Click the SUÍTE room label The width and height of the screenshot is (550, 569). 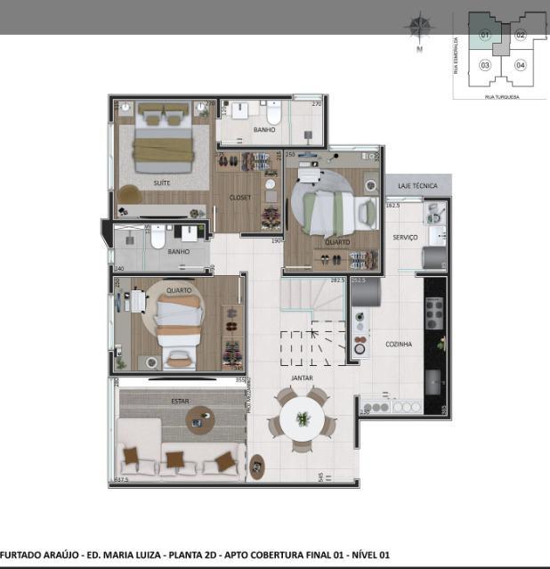(161, 183)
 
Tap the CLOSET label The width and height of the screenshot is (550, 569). (240, 198)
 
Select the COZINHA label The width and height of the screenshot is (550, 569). (398, 344)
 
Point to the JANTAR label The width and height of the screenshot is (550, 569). (302, 378)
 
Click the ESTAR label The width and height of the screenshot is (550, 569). (180, 402)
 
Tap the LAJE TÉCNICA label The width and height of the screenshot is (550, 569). (417, 186)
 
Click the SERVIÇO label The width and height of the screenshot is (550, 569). (406, 238)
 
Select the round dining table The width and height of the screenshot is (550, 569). (303, 417)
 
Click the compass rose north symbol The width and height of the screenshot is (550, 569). (418, 28)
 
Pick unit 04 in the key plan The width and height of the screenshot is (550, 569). (521, 65)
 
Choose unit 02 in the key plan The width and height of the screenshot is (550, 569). (521, 35)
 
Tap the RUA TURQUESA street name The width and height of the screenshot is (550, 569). (502, 96)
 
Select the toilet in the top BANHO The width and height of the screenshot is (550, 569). (273, 114)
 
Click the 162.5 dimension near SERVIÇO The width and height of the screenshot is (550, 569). (392, 206)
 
